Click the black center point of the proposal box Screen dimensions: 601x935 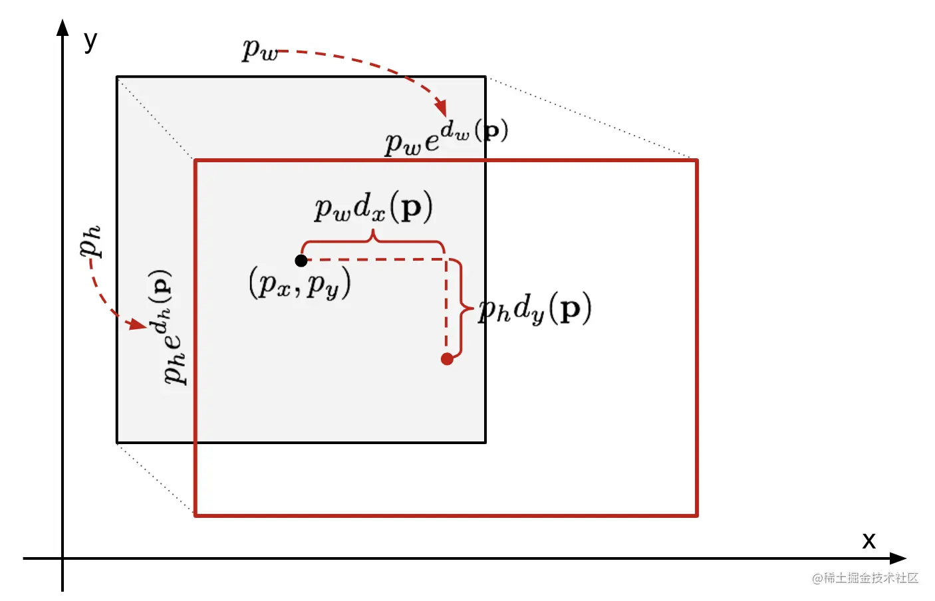301,261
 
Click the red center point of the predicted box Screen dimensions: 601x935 447,359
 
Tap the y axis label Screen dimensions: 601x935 90,41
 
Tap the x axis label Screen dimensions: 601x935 868,540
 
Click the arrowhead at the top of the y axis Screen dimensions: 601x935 63,27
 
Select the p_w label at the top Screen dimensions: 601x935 260,50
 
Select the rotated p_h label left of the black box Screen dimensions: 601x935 90,241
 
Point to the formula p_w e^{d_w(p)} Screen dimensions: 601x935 446,137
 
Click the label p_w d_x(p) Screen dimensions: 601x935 373,207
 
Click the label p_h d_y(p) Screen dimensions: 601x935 535,308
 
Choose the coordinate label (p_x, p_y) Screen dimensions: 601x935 299,284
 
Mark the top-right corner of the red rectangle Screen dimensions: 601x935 696,160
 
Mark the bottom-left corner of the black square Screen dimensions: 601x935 118,442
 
